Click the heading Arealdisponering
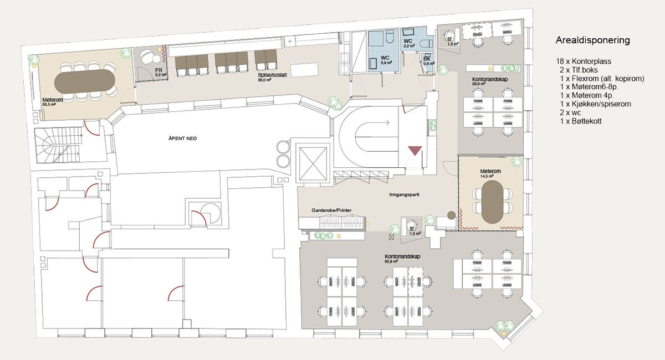592,40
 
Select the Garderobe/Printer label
332,210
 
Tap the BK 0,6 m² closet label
427,61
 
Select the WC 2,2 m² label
408,43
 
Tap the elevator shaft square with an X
313,164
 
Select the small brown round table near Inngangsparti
452,215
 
